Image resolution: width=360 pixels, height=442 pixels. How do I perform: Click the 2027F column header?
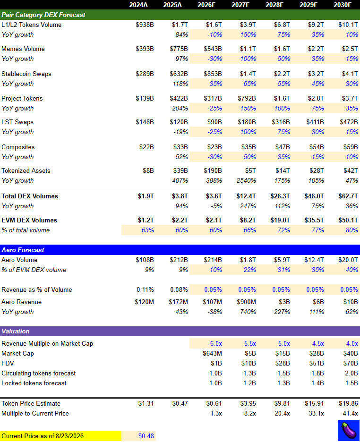coord(240,5)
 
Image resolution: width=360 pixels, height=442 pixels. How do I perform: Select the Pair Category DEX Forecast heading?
coord(43,15)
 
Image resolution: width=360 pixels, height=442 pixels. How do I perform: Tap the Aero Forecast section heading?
coord(23,250)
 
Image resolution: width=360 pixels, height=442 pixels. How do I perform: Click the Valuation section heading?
coord(16,331)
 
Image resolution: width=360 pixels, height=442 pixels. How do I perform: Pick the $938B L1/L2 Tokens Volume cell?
coord(145,25)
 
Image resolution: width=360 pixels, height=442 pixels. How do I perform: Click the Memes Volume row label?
coord(23,49)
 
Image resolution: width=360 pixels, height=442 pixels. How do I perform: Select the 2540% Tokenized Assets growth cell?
coord(246,180)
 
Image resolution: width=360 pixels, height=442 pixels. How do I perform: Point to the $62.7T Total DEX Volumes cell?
coord(348,196)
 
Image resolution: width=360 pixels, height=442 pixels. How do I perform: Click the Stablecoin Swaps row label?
coord(26,74)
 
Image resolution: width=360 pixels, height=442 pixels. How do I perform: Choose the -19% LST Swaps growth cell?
coord(180,132)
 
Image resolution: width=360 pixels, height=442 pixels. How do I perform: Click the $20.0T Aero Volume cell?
coord(348,260)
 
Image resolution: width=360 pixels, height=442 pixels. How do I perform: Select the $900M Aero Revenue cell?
coord(247,302)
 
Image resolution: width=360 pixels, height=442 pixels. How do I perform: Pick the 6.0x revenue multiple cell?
coord(216,344)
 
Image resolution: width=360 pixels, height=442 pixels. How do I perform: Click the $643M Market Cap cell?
coord(212,354)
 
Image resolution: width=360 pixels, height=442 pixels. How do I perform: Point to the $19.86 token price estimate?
coord(349,404)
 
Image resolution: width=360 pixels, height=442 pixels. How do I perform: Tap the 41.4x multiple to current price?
coord(350,414)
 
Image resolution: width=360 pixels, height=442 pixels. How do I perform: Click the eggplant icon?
coord(349,430)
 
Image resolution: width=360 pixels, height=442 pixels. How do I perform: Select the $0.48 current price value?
coord(146,436)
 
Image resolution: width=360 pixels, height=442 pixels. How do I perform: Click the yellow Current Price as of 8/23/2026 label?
coord(60,436)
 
